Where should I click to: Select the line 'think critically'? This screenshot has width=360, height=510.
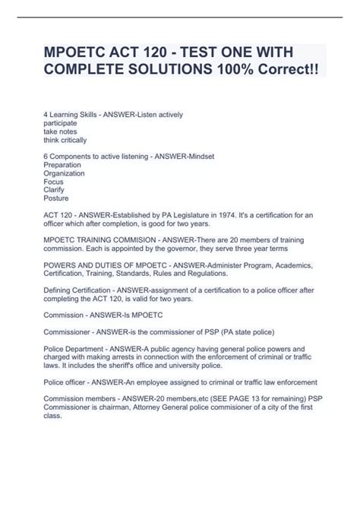[x=65, y=140]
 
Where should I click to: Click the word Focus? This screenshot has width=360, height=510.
[x=54, y=182]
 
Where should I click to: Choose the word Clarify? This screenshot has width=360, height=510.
[x=55, y=190]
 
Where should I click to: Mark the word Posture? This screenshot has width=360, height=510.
[x=57, y=198]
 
